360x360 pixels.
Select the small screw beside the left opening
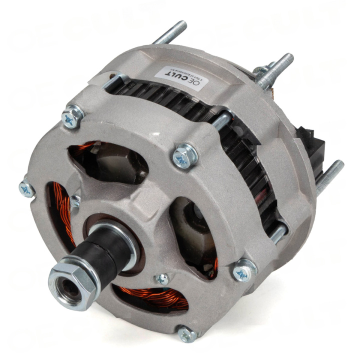[x=75, y=201]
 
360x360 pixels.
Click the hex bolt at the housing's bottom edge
[x=187, y=333]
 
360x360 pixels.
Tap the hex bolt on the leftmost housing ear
[x=26, y=188]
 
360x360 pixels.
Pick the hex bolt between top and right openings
[x=185, y=156]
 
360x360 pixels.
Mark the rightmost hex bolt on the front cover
[x=244, y=270]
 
